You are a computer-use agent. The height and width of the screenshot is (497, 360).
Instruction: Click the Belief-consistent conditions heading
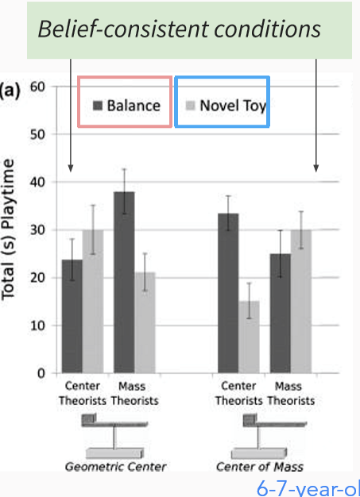179,29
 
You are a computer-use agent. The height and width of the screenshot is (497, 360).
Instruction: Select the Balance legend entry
126,105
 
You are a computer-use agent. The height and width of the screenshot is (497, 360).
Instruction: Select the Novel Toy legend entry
223,105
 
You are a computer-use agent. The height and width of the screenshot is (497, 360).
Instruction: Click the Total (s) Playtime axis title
10,229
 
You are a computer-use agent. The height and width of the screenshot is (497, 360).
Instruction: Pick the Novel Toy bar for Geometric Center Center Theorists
93,302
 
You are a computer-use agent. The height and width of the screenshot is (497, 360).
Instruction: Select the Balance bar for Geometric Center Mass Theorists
123,282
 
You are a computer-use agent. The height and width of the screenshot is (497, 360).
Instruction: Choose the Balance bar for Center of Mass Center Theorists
228,293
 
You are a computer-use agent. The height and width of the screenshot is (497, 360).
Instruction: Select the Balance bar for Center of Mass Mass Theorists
280,313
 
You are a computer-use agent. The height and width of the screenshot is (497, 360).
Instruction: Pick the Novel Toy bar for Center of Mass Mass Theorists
300,302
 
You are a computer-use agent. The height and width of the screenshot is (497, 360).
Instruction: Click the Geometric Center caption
116,466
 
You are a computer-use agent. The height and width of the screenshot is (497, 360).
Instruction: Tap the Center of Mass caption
259,466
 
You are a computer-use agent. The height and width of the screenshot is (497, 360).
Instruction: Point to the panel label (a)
11,89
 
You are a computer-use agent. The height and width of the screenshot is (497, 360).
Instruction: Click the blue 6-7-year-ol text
308,487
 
